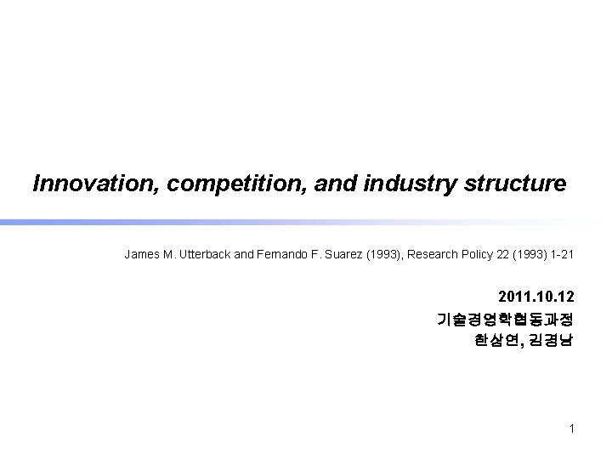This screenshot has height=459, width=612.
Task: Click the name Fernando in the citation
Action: click(x=280, y=254)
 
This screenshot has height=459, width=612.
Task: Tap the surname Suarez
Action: click(x=342, y=254)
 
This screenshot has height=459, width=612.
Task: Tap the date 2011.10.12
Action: click(x=535, y=297)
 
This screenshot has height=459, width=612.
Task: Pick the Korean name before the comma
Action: click(x=493, y=341)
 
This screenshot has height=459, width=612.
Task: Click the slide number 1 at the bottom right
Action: click(x=572, y=428)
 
